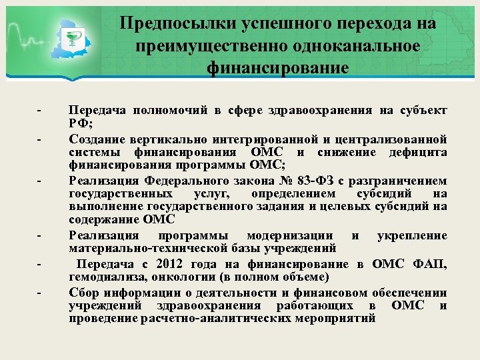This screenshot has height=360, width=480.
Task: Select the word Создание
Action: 96,139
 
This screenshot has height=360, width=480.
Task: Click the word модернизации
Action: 291,237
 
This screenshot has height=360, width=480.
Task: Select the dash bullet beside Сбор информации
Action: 40,293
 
